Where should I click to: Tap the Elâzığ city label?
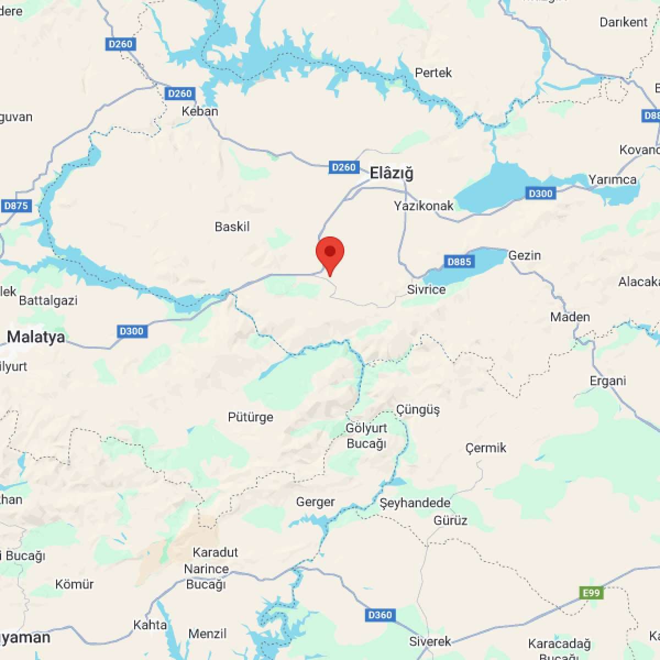click(x=391, y=173)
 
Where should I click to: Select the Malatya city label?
click(x=36, y=337)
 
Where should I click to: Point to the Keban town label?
click(x=200, y=111)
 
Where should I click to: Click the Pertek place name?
click(x=433, y=73)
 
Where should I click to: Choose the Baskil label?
click(x=232, y=227)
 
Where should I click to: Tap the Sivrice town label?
click(x=426, y=289)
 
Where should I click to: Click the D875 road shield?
click(x=16, y=206)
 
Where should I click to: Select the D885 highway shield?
click(x=459, y=262)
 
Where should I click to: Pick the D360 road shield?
click(x=380, y=615)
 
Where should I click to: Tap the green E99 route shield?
click(x=592, y=593)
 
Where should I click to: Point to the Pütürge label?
click(x=251, y=417)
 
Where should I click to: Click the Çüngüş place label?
click(x=418, y=410)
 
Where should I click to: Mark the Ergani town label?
click(x=608, y=381)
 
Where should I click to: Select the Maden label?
click(x=570, y=317)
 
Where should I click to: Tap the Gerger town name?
click(x=315, y=502)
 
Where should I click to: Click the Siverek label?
click(x=430, y=641)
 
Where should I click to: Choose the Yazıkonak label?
click(x=424, y=206)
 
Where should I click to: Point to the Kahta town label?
click(x=150, y=625)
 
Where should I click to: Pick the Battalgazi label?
click(x=48, y=300)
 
